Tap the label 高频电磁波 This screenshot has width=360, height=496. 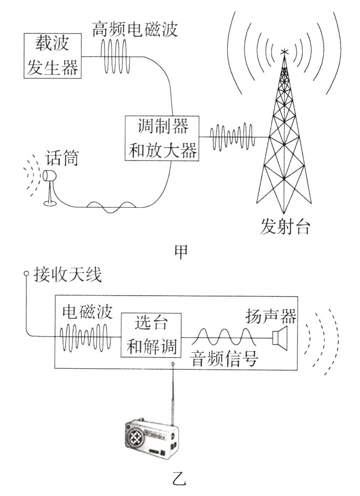[135, 28]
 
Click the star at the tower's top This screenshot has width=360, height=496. [284, 52]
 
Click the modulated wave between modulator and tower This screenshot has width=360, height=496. [233, 137]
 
